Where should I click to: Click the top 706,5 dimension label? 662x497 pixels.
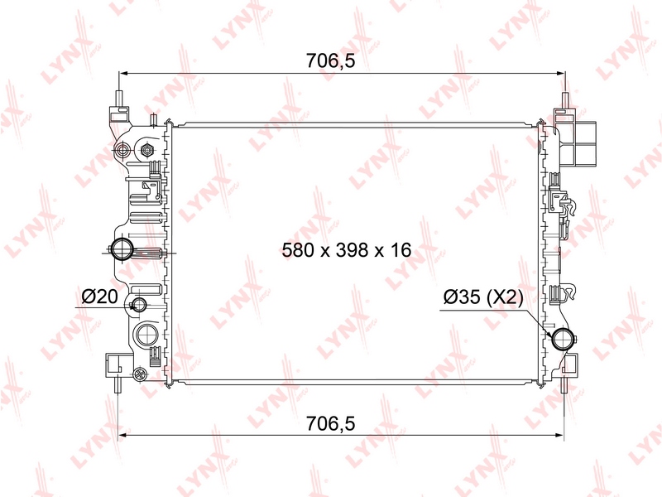(330, 61)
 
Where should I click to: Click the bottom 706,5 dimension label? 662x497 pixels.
(330, 423)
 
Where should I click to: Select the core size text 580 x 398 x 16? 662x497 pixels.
(346, 250)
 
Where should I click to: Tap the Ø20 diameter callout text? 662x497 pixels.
(99, 297)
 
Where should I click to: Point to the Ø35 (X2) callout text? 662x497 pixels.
(483, 297)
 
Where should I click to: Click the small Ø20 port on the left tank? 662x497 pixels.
(139, 304)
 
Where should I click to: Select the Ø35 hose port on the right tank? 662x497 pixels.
(564, 339)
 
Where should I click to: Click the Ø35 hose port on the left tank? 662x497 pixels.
(122, 249)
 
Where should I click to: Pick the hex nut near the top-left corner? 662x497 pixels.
(147, 149)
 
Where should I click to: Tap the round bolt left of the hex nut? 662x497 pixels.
(123, 149)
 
